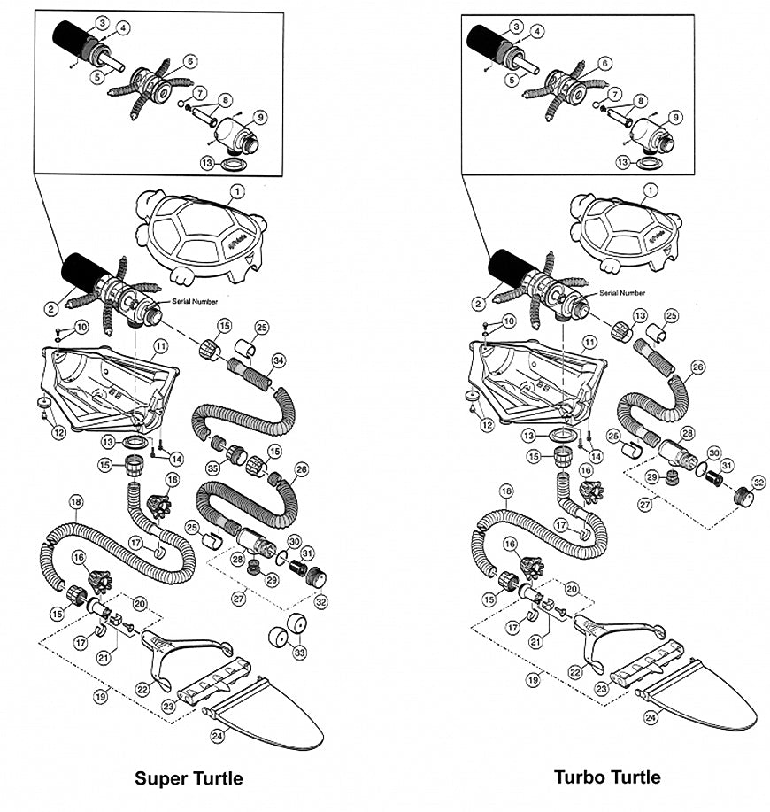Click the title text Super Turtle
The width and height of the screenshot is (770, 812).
(189, 779)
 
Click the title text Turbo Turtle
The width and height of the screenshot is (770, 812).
(607, 777)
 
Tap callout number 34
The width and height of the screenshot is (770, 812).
(278, 360)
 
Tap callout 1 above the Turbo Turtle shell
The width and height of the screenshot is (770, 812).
(651, 190)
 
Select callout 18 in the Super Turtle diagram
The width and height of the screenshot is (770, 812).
(75, 502)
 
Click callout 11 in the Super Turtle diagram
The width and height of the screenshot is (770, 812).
(160, 344)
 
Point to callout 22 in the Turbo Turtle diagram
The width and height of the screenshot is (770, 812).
(575, 672)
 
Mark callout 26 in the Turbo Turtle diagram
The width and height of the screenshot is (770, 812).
(697, 366)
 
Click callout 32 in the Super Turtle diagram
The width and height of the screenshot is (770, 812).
(320, 601)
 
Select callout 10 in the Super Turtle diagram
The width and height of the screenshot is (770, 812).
(81, 328)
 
